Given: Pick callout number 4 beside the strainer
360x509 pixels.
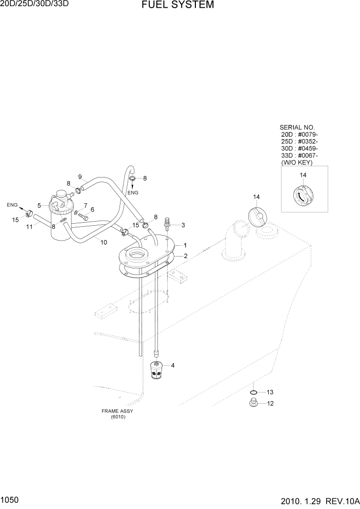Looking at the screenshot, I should coord(173,365).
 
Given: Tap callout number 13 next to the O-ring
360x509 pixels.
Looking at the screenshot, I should coord(270,392).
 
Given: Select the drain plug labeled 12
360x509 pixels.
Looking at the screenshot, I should coord(252,403).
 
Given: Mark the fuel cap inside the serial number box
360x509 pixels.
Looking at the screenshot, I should coord(302,196).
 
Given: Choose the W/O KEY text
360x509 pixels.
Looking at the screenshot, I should coord(297,163).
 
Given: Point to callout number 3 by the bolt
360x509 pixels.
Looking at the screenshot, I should coord(183,225).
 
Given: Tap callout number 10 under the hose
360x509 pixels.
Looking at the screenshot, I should coord(104,242).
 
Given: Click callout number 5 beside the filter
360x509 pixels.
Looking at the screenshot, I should coord(39,205).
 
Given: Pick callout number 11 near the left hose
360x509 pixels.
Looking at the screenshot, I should coord(29,226).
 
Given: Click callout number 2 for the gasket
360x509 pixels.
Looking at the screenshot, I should coord(185,256).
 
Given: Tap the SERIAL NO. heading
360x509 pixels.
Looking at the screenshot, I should coord(297,127).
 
